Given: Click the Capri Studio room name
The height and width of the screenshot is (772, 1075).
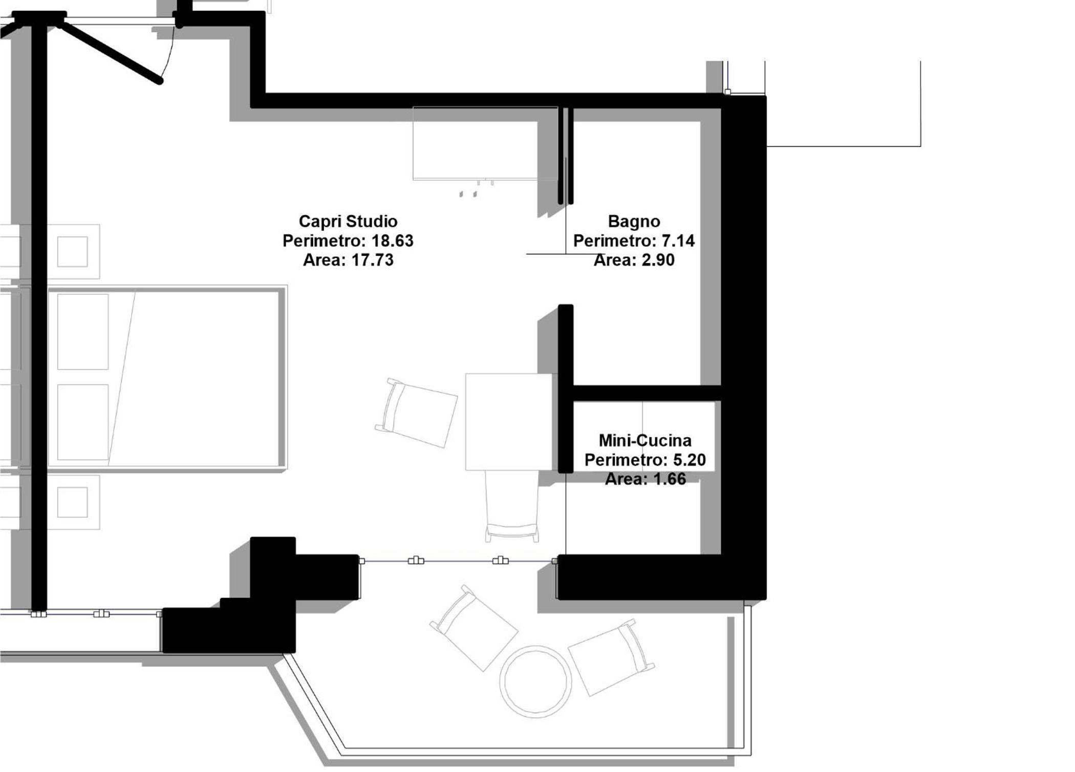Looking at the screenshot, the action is tap(348, 221).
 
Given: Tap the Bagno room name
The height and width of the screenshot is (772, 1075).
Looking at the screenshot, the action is tap(634, 221).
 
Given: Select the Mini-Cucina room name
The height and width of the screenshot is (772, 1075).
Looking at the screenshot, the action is tap(645, 440).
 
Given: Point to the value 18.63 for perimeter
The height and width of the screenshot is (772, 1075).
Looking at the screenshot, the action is tap(392, 241).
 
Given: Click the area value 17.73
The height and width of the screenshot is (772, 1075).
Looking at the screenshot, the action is tap(372, 260).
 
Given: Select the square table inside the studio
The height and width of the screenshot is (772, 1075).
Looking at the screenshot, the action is tap(508, 422).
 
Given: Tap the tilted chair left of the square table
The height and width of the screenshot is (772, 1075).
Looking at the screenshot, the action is tap(416, 413).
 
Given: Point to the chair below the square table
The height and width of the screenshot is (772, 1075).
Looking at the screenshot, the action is tap(512, 506).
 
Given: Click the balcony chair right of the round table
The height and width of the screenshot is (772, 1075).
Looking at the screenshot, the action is tap(611, 657).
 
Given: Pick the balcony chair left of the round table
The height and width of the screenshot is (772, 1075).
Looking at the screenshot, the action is tap(474, 628).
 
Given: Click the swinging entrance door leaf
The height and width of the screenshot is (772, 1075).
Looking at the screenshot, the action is tap(111, 51).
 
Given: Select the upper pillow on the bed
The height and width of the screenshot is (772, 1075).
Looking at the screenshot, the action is tap(83, 332).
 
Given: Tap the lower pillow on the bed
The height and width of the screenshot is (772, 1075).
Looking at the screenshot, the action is tap(83, 422).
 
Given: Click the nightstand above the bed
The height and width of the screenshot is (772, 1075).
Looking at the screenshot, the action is tap(73, 251).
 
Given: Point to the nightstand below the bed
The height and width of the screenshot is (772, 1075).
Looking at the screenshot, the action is tap(73, 502).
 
